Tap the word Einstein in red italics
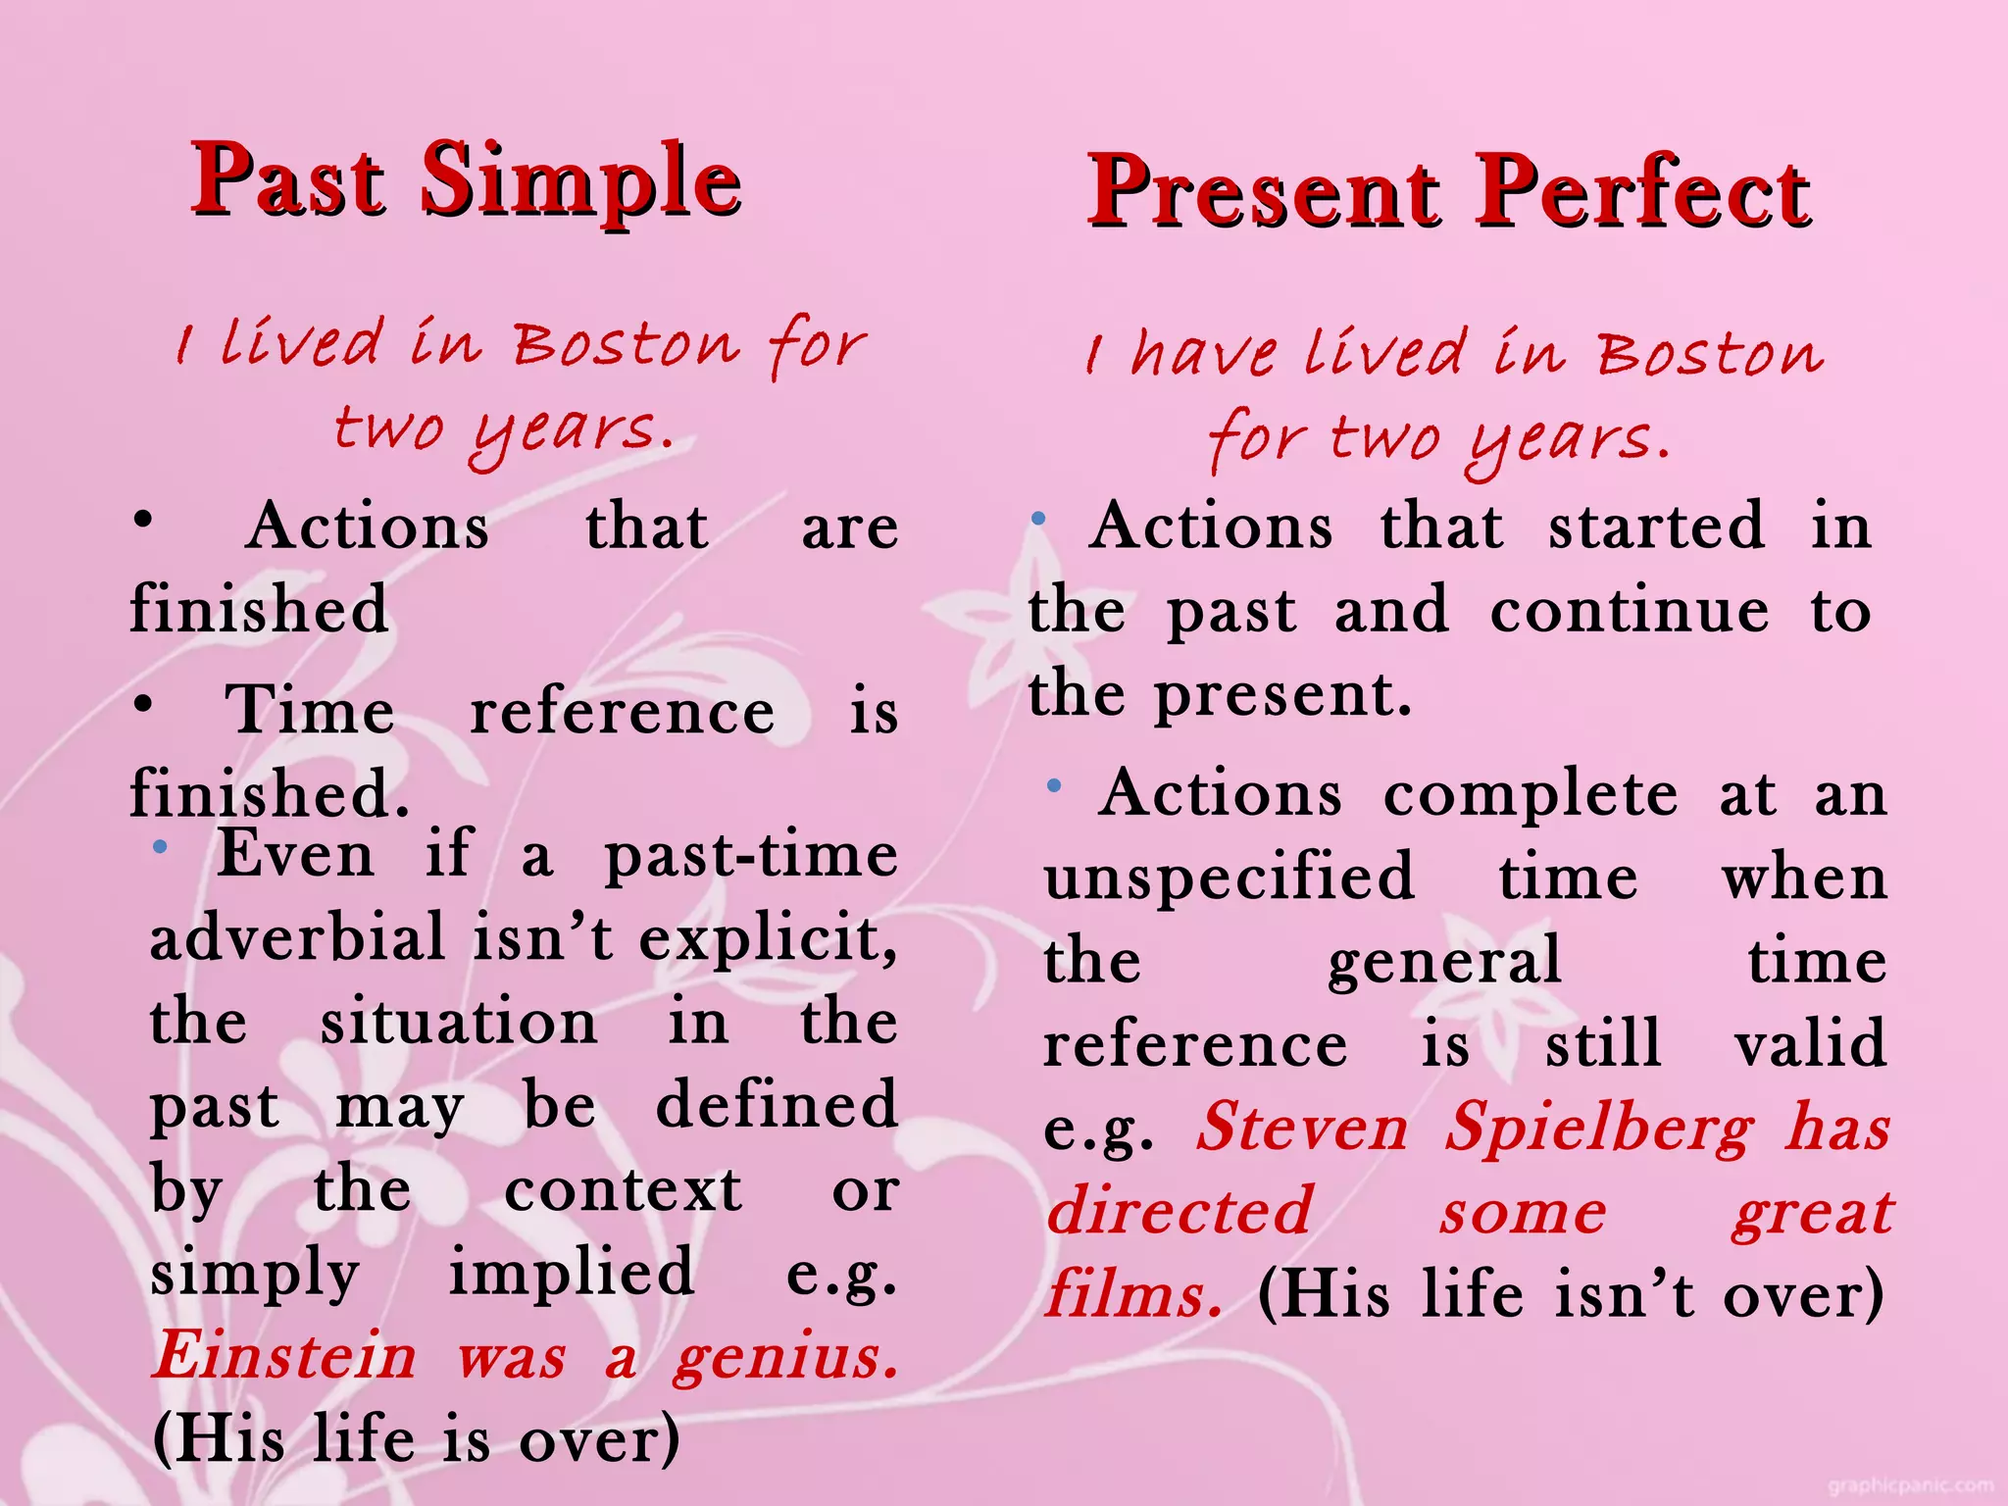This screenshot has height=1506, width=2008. pyautogui.click(x=285, y=1356)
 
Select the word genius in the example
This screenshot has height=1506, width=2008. pyautogui.click(x=784, y=1358)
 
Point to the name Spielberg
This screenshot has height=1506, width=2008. pyautogui.click(x=1600, y=1128)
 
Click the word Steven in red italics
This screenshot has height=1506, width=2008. pyautogui.click(x=1303, y=1128)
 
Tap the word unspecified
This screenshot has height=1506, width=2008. pyautogui.click(x=1230, y=878)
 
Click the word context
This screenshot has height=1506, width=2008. pyautogui.click(x=624, y=1190)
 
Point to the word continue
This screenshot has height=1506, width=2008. pyautogui.click(x=1630, y=611)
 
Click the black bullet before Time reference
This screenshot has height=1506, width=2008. pyautogui.click(x=144, y=703)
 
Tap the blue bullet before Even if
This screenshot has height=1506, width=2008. pyautogui.click(x=161, y=846)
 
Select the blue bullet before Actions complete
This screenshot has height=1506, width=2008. pyautogui.click(x=1054, y=785)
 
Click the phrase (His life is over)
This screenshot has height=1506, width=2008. pyautogui.click(x=416, y=1439)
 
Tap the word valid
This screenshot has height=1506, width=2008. pyautogui.click(x=1810, y=1043)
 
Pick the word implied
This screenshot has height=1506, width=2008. pyautogui.click(x=572, y=1273)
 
